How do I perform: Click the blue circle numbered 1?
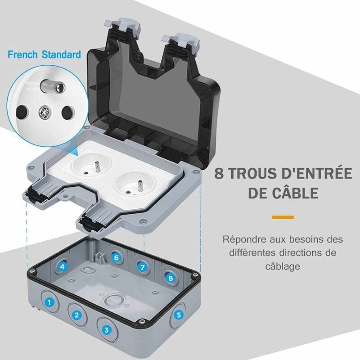pos(50,302)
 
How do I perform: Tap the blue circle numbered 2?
pos(77,315)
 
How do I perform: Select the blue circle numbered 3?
pos(106,329)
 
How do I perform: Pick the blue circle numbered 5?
pos(179,315)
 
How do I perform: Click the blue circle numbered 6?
pos(116,258)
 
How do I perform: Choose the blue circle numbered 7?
pos(143,267)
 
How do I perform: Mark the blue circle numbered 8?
pos(170,278)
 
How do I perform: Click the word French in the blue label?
pos(22,55)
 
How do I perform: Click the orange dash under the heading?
pos(283,217)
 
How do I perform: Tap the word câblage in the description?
pos(282,266)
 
